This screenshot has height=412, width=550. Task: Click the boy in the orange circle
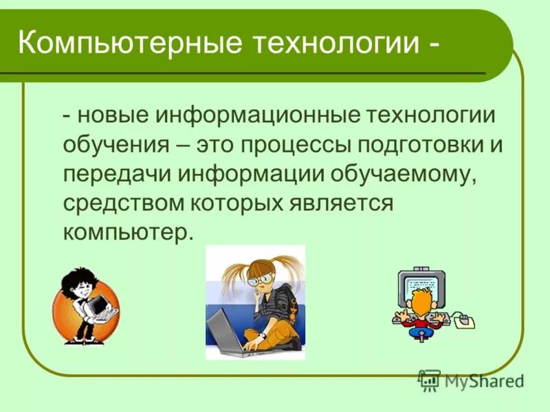point(82,302)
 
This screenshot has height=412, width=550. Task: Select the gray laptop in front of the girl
point(227,330)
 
